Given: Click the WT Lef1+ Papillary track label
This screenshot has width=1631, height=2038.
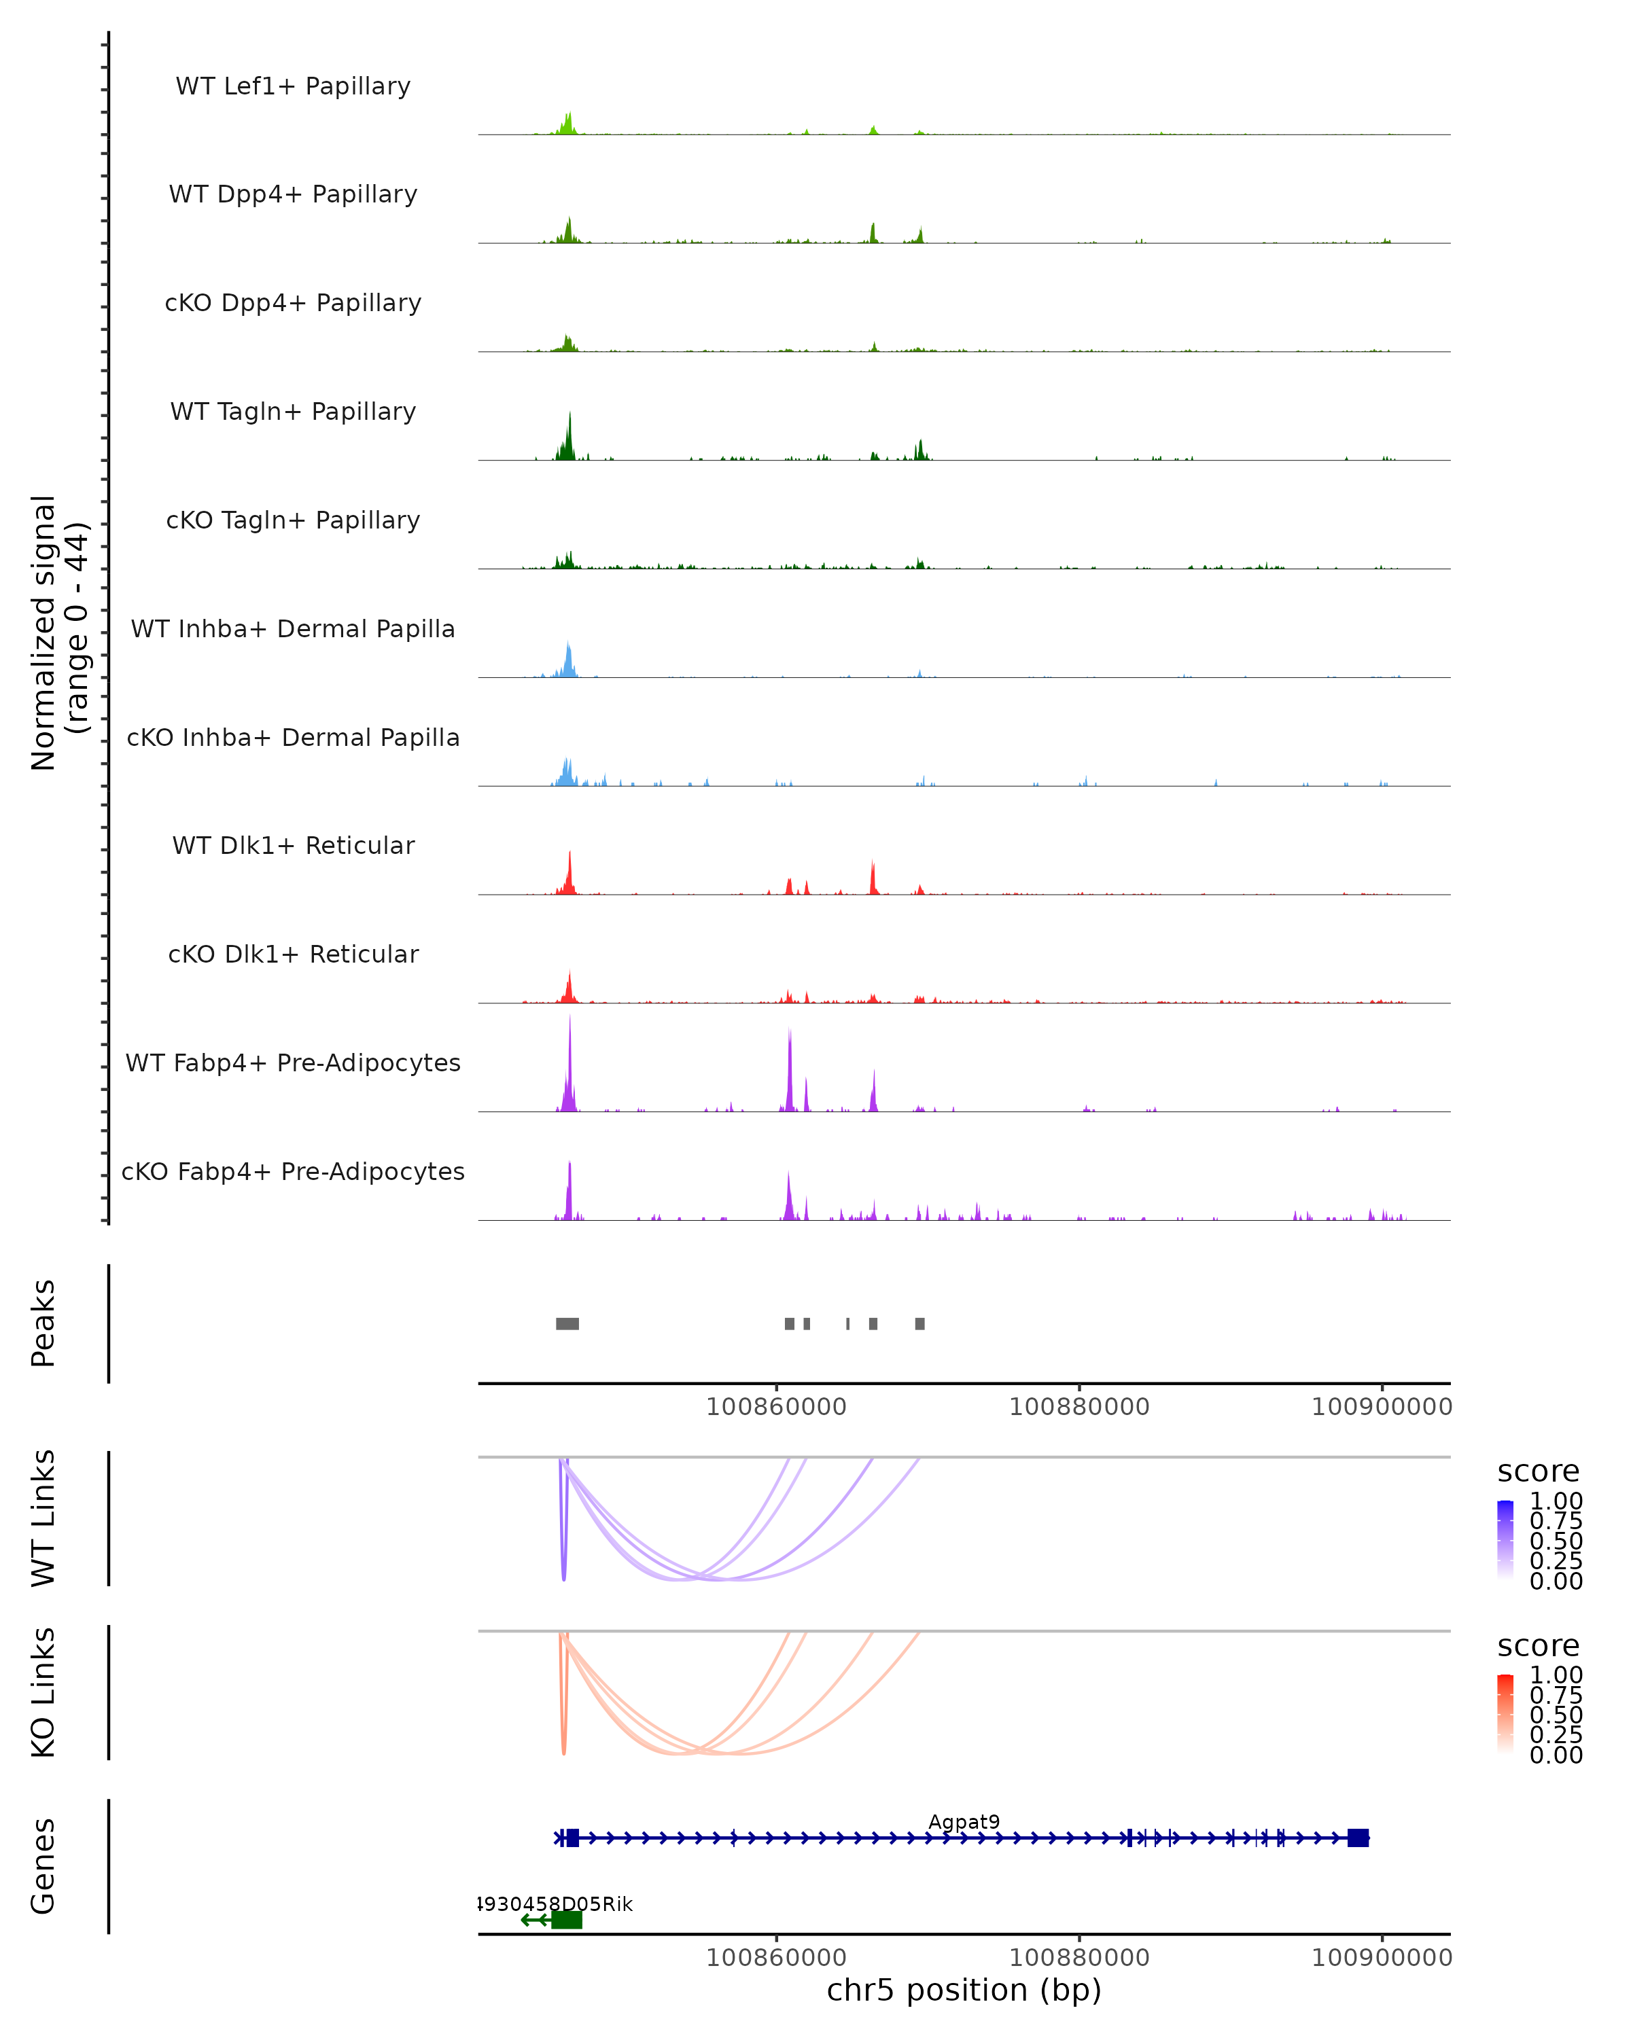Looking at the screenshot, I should point(293,86).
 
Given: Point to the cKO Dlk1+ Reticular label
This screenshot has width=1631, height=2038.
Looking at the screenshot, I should point(293,954).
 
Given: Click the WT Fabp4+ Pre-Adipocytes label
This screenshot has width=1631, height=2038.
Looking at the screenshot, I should point(293,1062).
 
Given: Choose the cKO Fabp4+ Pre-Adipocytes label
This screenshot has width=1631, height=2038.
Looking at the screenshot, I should point(293,1171).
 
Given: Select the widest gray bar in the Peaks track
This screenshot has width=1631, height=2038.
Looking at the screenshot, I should point(567,1323).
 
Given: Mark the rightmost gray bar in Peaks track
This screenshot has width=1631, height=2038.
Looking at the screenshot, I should point(920,1323).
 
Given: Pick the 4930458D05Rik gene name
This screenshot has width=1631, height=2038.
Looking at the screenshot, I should point(556,1903).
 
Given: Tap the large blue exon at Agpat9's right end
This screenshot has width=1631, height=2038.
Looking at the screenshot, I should point(1358,1838).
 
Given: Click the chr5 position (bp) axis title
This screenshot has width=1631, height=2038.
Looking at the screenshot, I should point(964,1990).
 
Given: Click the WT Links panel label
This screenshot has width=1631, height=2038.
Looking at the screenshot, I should point(43,1518).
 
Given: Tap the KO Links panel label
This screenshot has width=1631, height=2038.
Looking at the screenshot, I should point(43,1692).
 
